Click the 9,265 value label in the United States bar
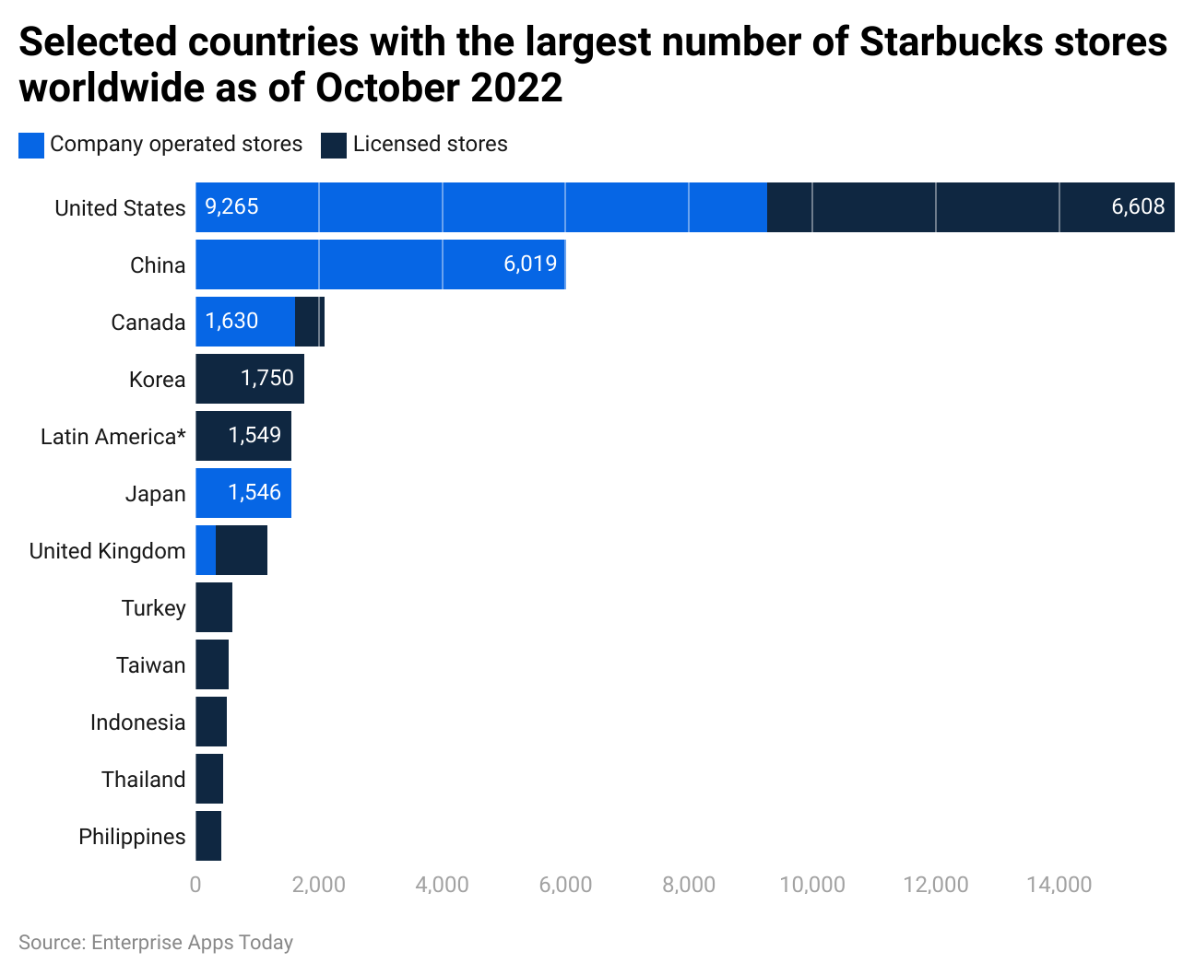click(231, 206)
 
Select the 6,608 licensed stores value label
click(1138, 206)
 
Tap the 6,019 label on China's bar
click(530, 264)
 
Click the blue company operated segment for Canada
click(244, 322)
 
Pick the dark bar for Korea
click(249, 379)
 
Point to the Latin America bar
click(243, 436)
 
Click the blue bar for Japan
click(243, 493)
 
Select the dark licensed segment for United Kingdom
click(242, 550)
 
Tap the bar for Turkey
click(214, 607)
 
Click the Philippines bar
click(208, 836)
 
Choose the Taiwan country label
click(150, 665)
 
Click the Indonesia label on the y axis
click(137, 722)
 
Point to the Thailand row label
click(143, 780)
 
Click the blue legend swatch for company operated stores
click(31, 145)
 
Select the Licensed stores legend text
click(430, 145)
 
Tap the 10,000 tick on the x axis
click(811, 885)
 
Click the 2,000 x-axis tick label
click(318, 885)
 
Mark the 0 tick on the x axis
click(195, 885)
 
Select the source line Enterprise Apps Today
click(156, 942)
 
